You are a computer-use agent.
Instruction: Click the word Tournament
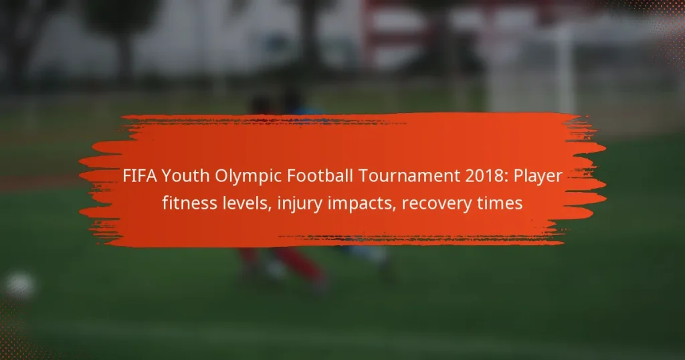[x=409, y=175]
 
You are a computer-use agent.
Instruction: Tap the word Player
[x=538, y=177]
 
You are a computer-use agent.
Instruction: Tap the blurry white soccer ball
[x=19, y=285]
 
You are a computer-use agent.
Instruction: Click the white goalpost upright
[x=565, y=70]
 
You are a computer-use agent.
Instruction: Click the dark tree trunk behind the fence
[x=125, y=57]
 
